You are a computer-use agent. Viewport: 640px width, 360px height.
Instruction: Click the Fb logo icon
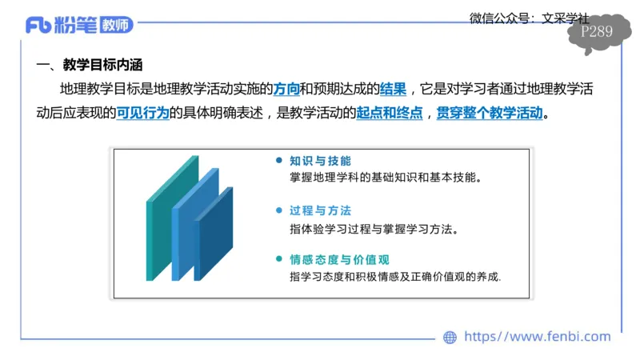(x=38, y=26)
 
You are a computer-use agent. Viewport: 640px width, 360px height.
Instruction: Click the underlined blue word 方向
(x=286, y=89)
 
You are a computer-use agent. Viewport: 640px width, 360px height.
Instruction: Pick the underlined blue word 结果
(x=392, y=89)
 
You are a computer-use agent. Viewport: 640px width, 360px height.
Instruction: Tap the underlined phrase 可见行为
(x=143, y=113)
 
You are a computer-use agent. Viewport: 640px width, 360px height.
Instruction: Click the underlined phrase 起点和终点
(x=390, y=113)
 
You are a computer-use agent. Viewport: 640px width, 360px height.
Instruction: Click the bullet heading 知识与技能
(x=320, y=160)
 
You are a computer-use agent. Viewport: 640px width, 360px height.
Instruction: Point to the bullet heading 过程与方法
(x=320, y=210)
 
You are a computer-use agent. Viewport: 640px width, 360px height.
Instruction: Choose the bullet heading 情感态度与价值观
(x=339, y=259)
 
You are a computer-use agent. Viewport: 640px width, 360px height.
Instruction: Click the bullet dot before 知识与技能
(x=278, y=160)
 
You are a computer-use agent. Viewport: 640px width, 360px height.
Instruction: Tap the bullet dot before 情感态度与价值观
(x=278, y=259)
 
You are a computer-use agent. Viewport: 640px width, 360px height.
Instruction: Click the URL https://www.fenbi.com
(x=537, y=337)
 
